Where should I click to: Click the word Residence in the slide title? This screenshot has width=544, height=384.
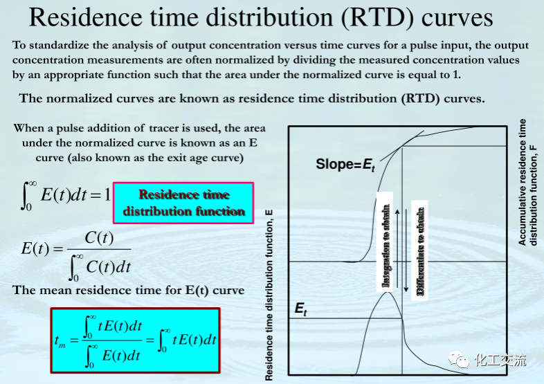tap(86, 17)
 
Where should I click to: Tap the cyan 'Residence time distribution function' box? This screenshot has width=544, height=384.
tap(183, 203)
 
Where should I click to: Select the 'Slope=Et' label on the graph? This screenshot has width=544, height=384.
tap(345, 165)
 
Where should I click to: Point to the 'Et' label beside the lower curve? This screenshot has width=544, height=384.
tap(300, 309)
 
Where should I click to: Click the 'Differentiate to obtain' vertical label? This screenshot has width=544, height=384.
tap(421, 251)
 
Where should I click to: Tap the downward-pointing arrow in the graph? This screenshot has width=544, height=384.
tap(406, 246)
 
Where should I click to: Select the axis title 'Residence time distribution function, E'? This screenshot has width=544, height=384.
tap(269, 295)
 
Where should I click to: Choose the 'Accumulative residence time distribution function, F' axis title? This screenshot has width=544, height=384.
tap(527, 183)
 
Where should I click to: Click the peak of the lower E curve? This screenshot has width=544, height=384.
tap(387, 293)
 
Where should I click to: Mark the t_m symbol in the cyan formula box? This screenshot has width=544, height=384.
tap(60, 340)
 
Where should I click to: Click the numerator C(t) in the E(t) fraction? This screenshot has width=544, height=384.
tap(99, 238)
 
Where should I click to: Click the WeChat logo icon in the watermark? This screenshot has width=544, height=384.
tap(458, 360)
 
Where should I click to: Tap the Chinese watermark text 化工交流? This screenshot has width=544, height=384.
tap(500, 360)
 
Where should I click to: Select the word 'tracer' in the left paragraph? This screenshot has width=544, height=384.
tap(163, 129)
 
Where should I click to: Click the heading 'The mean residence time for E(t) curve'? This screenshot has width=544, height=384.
tap(128, 290)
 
